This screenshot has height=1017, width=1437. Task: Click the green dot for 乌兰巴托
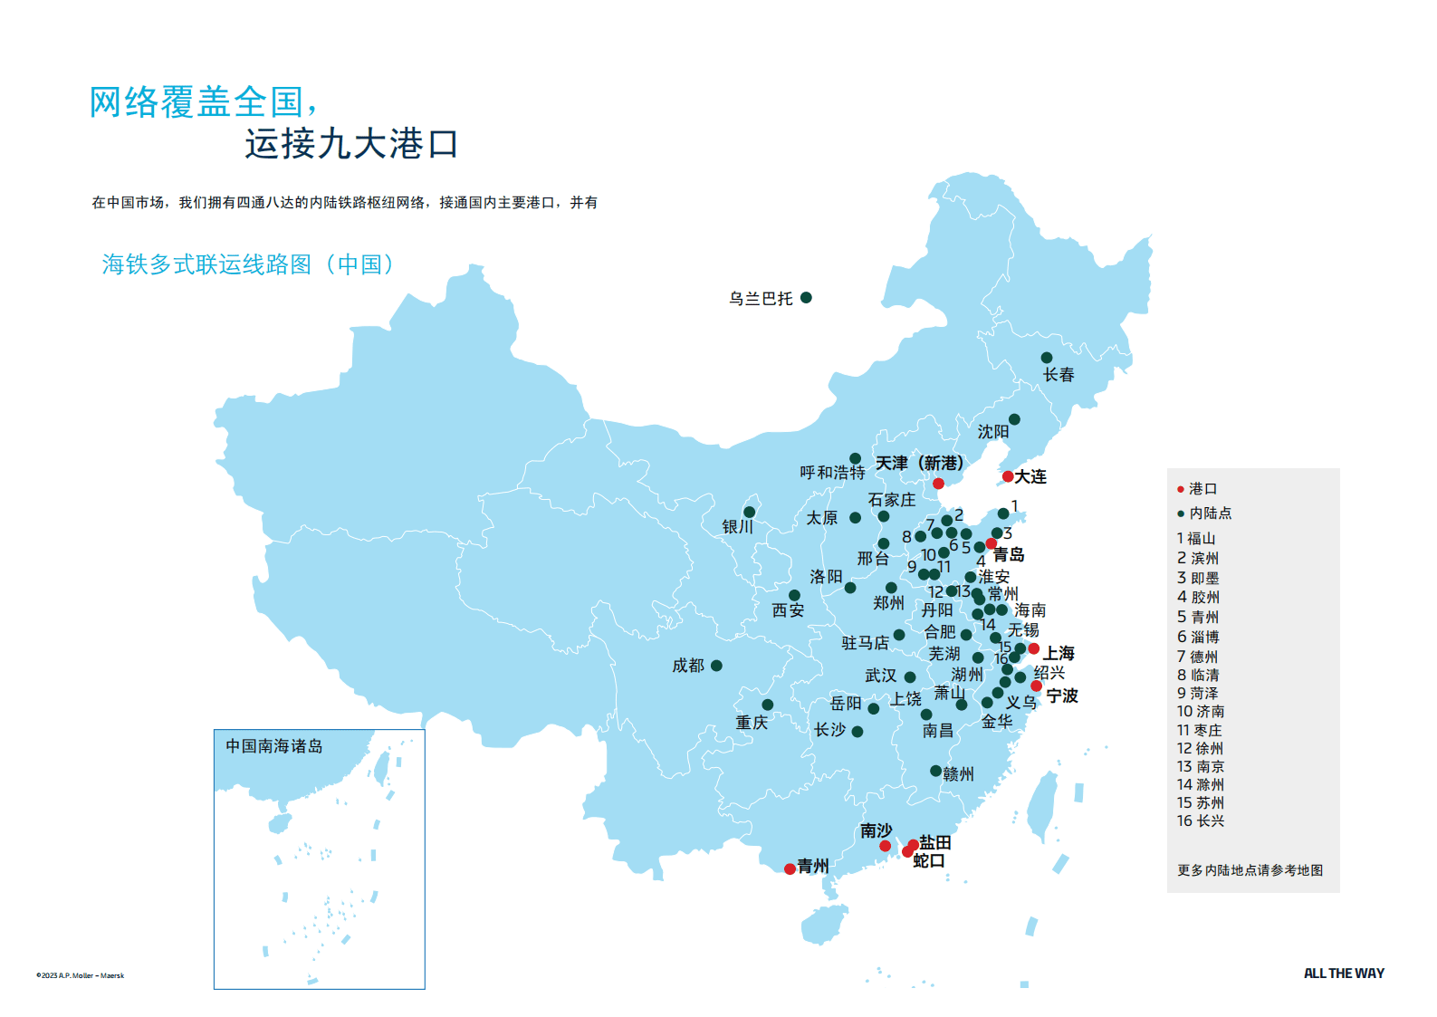click(x=806, y=297)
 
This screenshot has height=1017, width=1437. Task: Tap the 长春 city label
click(x=1058, y=375)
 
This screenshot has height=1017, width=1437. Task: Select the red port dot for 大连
click(x=1008, y=476)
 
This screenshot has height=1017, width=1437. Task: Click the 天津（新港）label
click(x=919, y=463)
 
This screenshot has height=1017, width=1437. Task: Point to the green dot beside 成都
click(x=716, y=666)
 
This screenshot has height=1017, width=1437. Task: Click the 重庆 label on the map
click(x=752, y=723)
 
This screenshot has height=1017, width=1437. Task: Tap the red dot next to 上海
click(x=1033, y=648)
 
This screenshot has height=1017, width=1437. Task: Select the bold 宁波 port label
click(x=1061, y=696)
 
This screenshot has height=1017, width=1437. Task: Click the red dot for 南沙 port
click(x=885, y=846)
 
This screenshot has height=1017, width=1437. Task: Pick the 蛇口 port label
click(x=928, y=860)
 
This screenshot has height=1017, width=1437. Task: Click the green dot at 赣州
click(x=935, y=771)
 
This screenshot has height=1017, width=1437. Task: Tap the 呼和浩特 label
click(x=831, y=473)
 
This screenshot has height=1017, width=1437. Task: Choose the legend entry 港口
click(x=1202, y=489)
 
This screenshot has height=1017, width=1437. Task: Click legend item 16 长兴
click(x=1200, y=820)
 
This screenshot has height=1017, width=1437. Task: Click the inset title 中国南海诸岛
click(x=273, y=746)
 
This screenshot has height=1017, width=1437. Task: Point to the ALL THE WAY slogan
click(x=1343, y=974)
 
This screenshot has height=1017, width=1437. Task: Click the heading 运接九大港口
click(x=351, y=144)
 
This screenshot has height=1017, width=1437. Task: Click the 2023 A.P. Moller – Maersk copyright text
click(x=81, y=975)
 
